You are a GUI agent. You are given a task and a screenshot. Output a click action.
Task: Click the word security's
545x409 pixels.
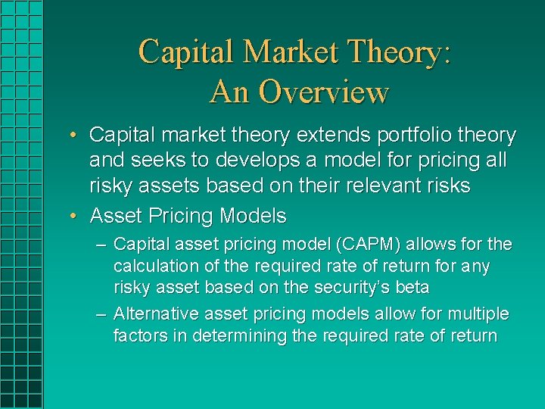[x=356, y=288]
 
